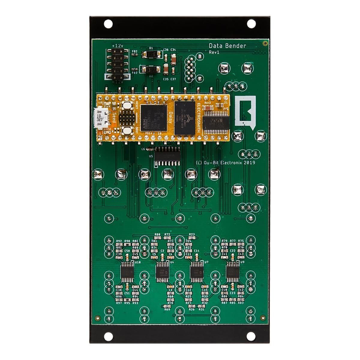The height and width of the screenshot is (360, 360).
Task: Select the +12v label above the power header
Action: coord(117,45)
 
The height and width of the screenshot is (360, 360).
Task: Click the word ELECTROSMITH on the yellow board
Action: coord(199,117)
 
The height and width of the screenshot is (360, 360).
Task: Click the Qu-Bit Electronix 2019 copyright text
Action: coord(225,163)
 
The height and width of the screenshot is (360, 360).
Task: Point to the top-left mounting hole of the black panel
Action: coord(108,23)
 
